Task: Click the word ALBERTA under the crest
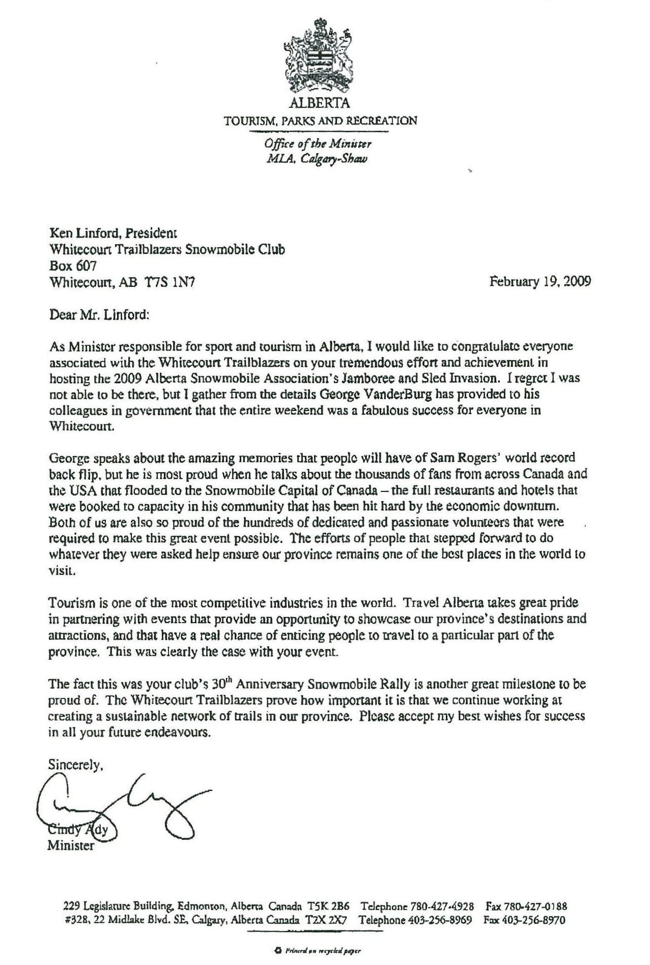tap(320, 103)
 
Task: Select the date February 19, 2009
tap(540, 281)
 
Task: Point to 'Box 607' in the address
tap(73, 266)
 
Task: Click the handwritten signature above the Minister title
tap(127, 804)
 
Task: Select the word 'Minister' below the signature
tap(71, 846)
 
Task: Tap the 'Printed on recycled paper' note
tap(320, 950)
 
